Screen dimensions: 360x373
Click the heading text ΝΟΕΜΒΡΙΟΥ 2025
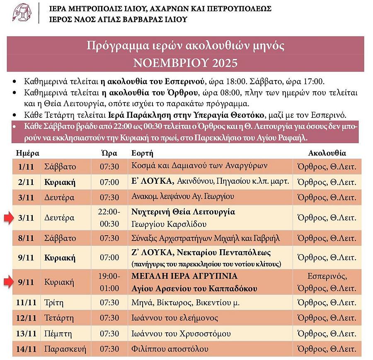pyautogui.click(x=185, y=63)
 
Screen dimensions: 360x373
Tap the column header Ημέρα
pyautogui.click(x=27, y=153)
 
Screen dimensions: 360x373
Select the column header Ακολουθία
pyautogui.click(x=327, y=153)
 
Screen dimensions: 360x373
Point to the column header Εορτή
pyautogui.click(x=142, y=153)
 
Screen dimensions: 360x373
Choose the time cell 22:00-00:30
pyautogui.click(x=109, y=218)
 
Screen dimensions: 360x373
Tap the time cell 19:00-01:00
pyautogui.click(x=109, y=282)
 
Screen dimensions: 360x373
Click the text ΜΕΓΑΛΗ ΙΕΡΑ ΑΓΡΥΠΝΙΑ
pyautogui.click(x=184, y=276)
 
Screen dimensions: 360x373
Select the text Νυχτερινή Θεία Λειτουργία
pyautogui.click(x=183, y=212)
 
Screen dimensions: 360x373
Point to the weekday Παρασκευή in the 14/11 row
pyautogui.click(x=65, y=349)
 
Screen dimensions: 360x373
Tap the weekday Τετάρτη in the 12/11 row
pyautogui.click(x=59, y=318)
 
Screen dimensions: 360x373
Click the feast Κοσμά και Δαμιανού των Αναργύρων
pyautogui.click(x=199, y=166)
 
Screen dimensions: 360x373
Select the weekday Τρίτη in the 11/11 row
pyautogui.click(x=54, y=302)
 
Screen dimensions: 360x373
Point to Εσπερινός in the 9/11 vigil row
pyautogui.click(x=327, y=276)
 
